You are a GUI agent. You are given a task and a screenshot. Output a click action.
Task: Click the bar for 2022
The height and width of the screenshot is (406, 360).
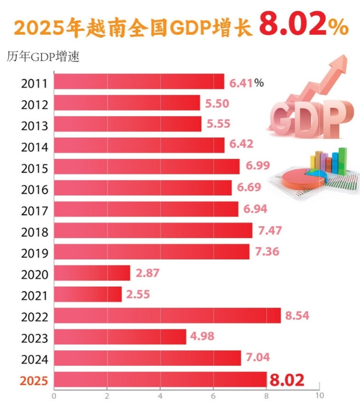(167, 315)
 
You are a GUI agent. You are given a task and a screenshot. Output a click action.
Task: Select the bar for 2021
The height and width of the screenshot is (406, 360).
(88, 294)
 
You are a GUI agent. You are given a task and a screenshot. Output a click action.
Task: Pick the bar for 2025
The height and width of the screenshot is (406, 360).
(160, 380)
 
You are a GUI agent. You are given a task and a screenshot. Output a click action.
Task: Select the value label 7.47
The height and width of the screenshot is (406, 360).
(268, 230)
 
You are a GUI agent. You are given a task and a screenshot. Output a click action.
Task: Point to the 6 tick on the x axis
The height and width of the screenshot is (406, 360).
(213, 396)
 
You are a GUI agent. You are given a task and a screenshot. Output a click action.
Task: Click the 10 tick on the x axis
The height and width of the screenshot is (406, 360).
(319, 396)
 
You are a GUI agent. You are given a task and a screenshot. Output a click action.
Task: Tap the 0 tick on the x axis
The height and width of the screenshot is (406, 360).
(54, 396)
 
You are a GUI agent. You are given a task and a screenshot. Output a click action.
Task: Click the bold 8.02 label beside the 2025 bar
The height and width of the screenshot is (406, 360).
(287, 380)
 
